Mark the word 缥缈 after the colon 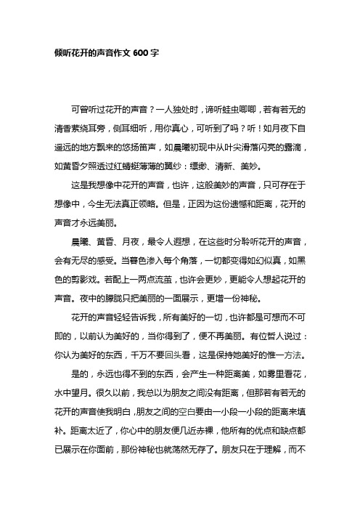point(223,157)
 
